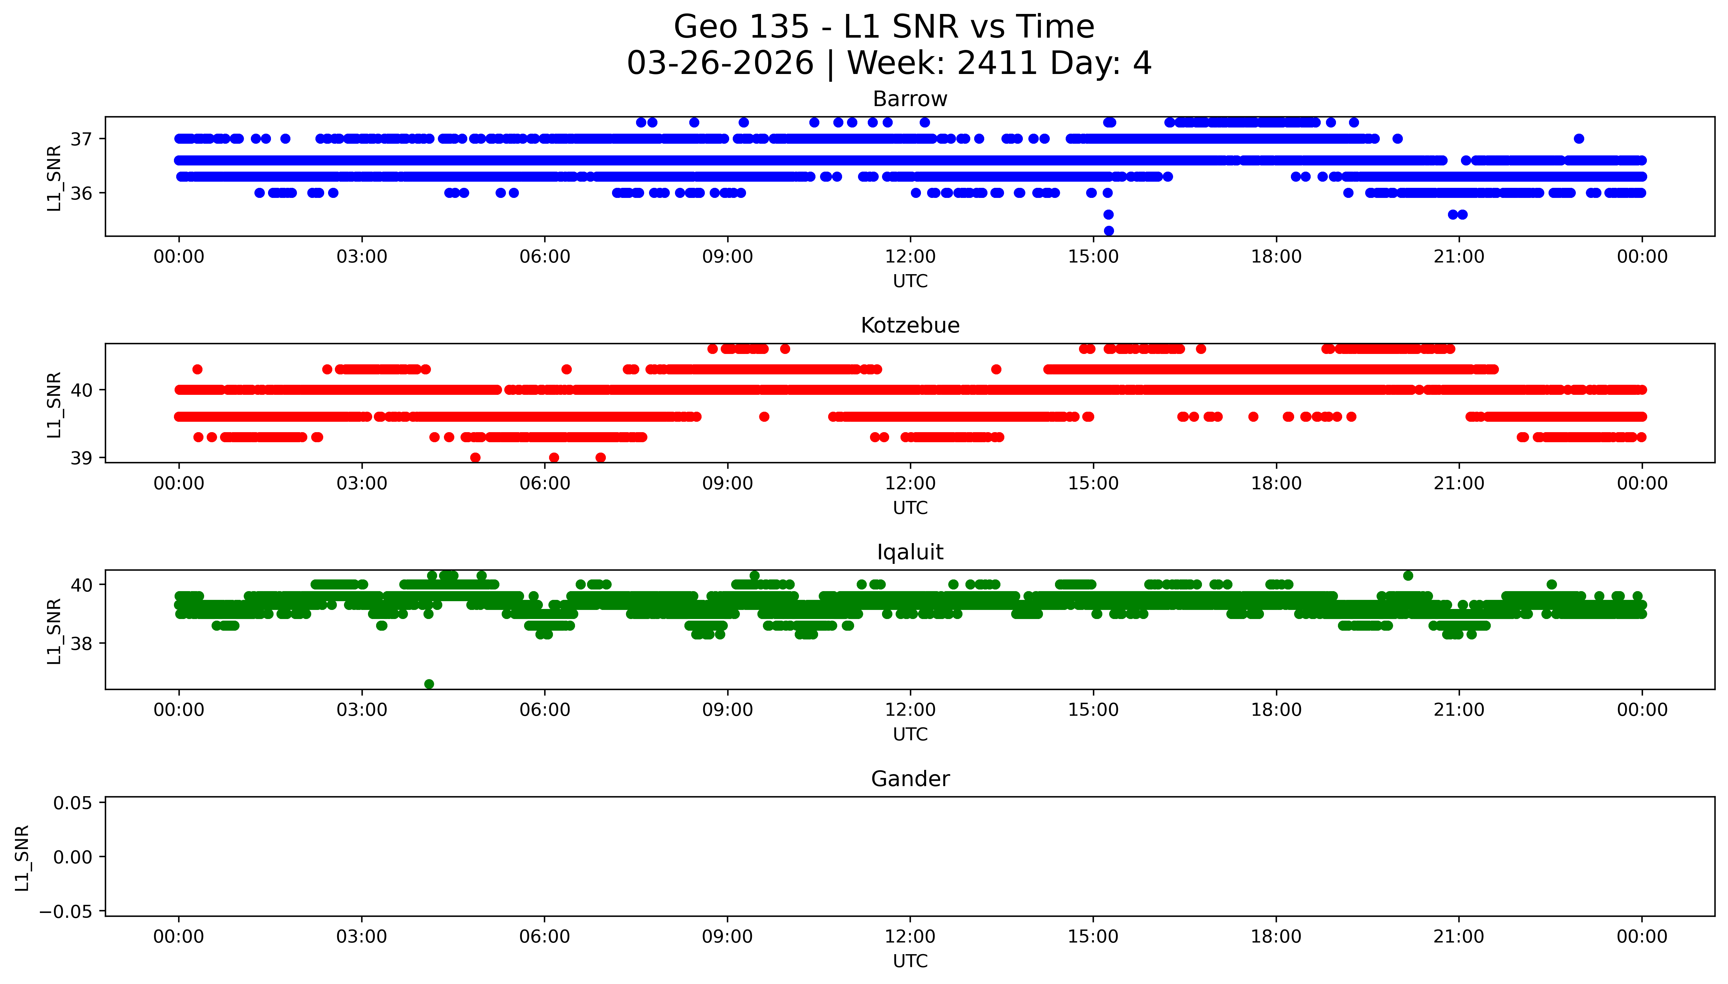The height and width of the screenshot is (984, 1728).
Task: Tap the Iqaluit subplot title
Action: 910,552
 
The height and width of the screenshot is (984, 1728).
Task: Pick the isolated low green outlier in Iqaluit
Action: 428,684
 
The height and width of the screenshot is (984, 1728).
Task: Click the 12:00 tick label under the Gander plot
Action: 910,937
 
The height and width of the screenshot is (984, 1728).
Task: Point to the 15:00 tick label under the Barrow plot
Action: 1093,257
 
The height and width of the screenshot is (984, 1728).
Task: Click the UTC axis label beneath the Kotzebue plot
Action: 910,507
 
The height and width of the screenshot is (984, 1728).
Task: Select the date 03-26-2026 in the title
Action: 720,64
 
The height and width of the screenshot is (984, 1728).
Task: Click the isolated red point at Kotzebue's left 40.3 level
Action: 197,369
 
